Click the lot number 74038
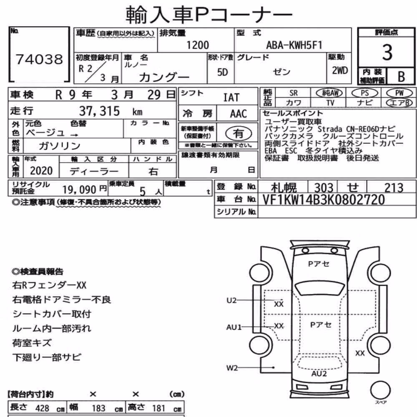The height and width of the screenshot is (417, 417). click(x=39, y=59)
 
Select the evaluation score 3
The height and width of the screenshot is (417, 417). click(x=387, y=52)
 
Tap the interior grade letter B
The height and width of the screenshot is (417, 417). click(x=401, y=77)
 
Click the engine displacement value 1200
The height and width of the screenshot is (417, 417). click(x=198, y=45)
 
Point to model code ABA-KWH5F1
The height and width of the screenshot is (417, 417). click(x=294, y=45)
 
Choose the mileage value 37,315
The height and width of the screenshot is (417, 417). click(x=100, y=111)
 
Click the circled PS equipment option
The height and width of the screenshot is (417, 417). click(x=364, y=93)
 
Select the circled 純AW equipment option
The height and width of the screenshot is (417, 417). click(x=329, y=93)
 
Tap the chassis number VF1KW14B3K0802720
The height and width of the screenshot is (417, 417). click(x=324, y=200)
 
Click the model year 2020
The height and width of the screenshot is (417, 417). click(x=41, y=171)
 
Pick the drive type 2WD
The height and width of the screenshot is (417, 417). click(x=340, y=70)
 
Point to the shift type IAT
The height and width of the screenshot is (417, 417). click(x=231, y=98)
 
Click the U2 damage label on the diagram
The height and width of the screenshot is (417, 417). click(x=231, y=301)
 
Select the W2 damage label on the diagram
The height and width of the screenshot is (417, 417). click(x=232, y=368)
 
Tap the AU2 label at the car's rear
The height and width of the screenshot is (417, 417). click(x=319, y=374)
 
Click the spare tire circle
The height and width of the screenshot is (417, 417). click(x=380, y=390)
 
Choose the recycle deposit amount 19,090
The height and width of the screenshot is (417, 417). click(x=79, y=190)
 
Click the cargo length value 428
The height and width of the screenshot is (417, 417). click(x=42, y=408)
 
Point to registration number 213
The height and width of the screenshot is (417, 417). click(x=394, y=188)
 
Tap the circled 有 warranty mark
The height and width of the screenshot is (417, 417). click(x=238, y=133)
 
